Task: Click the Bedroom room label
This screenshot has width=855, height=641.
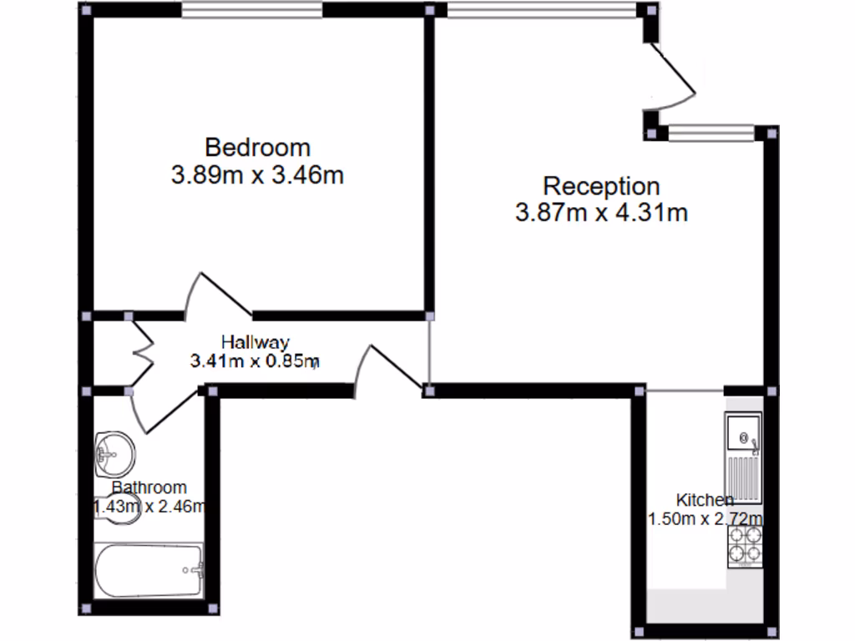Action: [257, 148]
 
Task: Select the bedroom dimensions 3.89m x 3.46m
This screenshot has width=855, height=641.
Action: [257, 175]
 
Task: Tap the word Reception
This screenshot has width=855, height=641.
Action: [601, 185]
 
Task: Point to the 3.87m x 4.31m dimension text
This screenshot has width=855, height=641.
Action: [601, 213]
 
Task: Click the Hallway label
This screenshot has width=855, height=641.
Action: [255, 341]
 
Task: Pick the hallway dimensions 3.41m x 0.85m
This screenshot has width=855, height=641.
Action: [255, 361]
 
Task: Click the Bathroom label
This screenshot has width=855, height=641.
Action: [149, 487]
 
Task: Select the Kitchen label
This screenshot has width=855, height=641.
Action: [704, 500]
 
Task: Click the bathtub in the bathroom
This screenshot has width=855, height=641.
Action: [149, 571]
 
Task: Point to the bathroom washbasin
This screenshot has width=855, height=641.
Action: [115, 452]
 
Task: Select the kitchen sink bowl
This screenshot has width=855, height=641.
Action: [742, 435]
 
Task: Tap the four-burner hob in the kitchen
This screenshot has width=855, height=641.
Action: [745, 543]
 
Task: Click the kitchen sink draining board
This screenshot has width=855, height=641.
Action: [742, 480]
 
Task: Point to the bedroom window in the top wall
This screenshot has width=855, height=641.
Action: [252, 10]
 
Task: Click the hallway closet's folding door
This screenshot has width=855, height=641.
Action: [143, 351]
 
